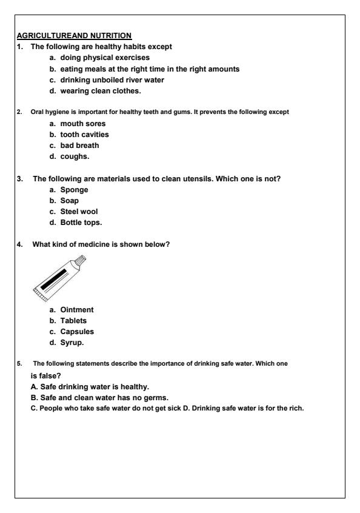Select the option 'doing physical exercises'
(104, 58)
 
